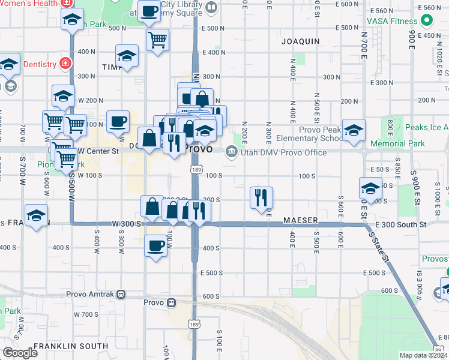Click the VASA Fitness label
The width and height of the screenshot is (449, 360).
tap(393, 21)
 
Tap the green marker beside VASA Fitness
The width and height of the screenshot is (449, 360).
tap(427, 21)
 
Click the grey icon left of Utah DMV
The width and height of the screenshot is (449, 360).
tap(231, 153)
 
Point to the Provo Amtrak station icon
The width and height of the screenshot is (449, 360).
tap(121, 295)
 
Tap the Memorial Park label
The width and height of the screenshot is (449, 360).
tap(397, 143)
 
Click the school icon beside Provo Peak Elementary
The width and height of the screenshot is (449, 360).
tap(354, 129)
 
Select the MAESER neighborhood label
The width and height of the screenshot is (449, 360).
tap(300, 221)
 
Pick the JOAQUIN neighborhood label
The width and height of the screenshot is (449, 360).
tap(300, 41)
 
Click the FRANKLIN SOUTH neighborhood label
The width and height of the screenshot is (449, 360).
tap(71, 346)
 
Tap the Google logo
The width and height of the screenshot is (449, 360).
tap(20, 353)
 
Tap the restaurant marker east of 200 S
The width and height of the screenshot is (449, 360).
tap(261, 197)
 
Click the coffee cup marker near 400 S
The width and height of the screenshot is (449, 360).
tap(156, 245)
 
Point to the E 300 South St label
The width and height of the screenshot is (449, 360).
tap(400, 224)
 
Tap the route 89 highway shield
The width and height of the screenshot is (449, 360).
tap(438, 349)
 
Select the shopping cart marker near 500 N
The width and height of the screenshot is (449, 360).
tap(157, 40)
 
